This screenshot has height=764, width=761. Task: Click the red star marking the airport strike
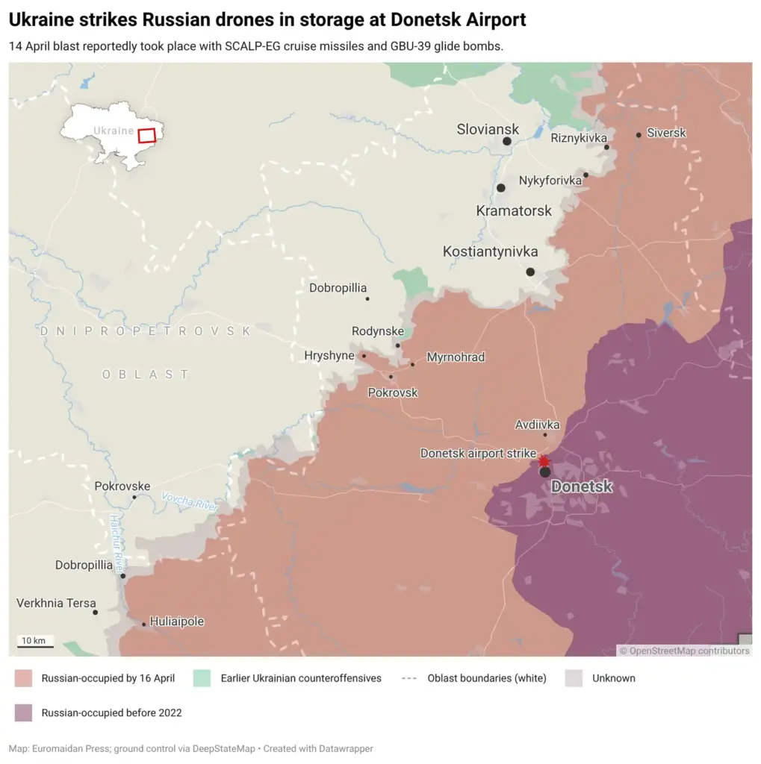click(x=544, y=461)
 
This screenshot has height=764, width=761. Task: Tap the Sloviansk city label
click(x=488, y=129)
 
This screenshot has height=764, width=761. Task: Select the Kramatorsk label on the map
click(x=514, y=211)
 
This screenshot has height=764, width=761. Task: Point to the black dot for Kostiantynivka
click(x=530, y=272)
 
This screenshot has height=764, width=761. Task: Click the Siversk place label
click(x=666, y=133)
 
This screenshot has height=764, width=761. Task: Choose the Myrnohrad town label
click(x=456, y=357)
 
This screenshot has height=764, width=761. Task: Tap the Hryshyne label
click(x=329, y=356)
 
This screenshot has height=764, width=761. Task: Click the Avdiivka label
click(x=537, y=425)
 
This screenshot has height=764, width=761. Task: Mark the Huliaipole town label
click(x=177, y=621)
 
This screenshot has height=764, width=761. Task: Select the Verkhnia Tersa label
click(x=57, y=603)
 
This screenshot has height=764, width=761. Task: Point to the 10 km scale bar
click(x=33, y=642)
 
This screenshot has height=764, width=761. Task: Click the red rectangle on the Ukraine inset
click(x=147, y=136)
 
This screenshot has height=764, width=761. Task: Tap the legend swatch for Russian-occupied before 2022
click(x=23, y=713)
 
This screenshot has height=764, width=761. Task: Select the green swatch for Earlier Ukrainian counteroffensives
click(x=202, y=678)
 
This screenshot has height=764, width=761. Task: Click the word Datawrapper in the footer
click(x=346, y=748)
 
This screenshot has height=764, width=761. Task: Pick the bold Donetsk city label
click(x=582, y=487)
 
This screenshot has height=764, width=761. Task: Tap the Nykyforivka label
click(x=550, y=181)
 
